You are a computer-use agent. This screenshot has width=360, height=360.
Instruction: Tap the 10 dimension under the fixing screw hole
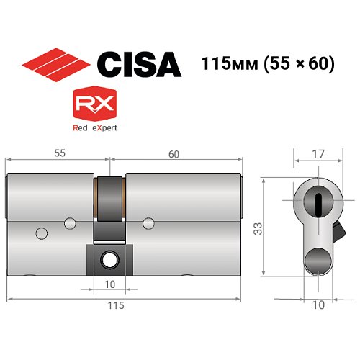click(x=110, y=284)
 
